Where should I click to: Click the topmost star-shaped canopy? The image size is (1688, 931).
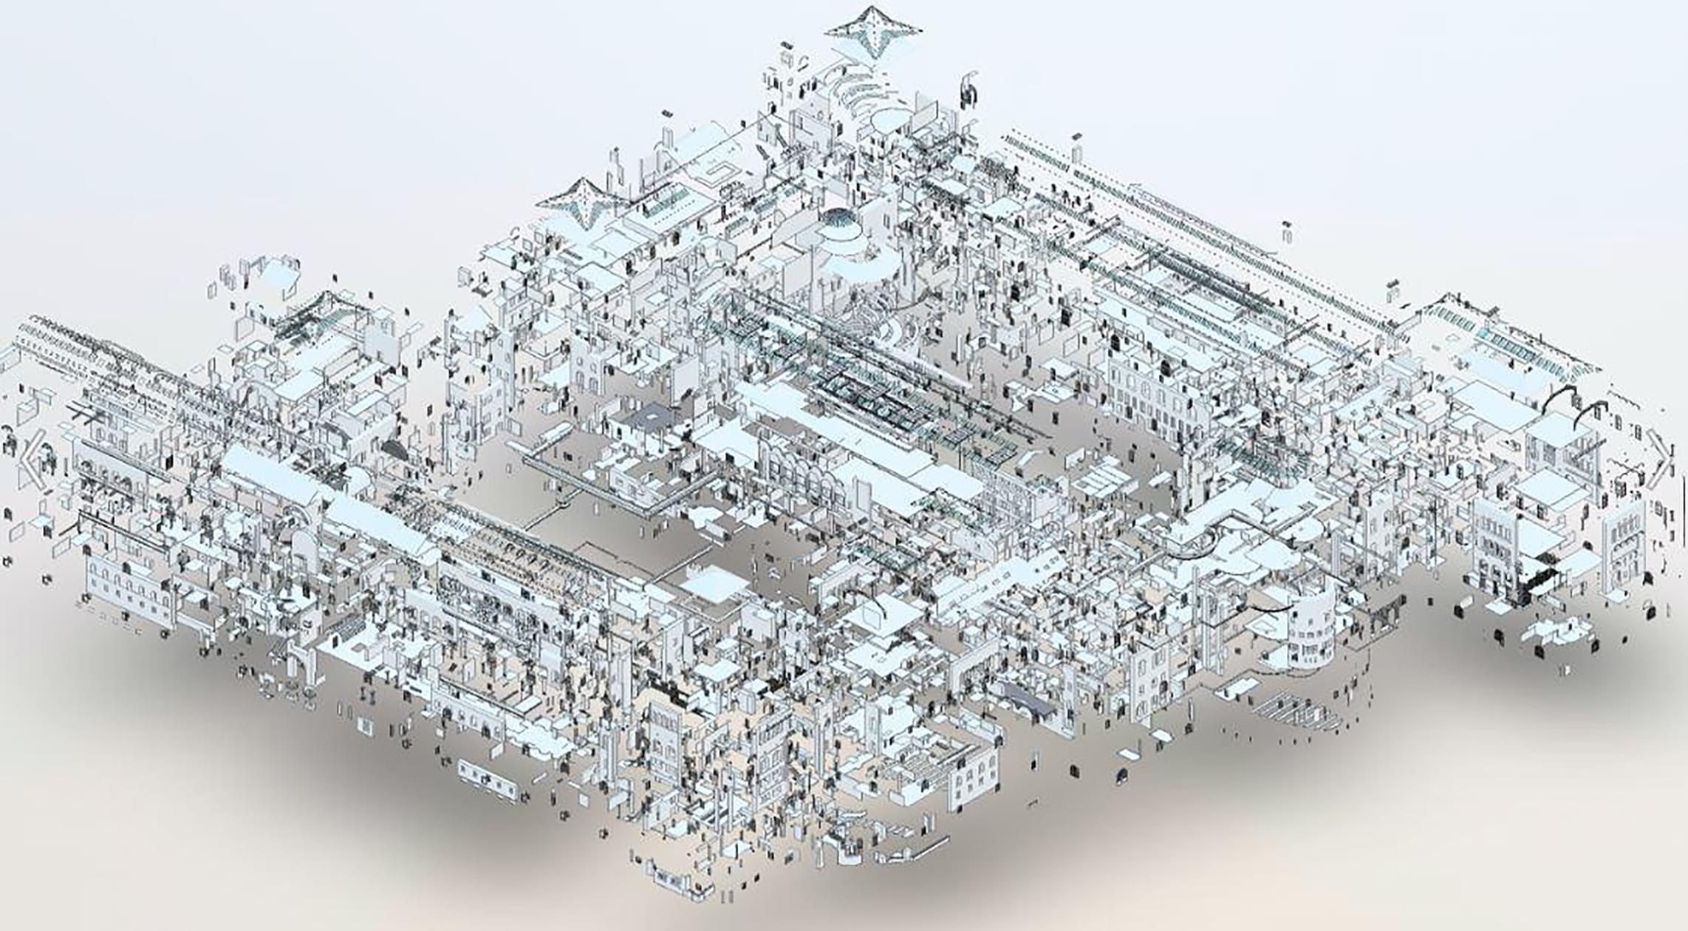(x=873, y=31)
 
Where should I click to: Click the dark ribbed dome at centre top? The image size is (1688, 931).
(x=839, y=219)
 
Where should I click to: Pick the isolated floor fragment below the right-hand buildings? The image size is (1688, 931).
(x=1559, y=632)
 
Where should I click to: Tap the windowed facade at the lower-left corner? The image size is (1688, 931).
(x=126, y=587)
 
